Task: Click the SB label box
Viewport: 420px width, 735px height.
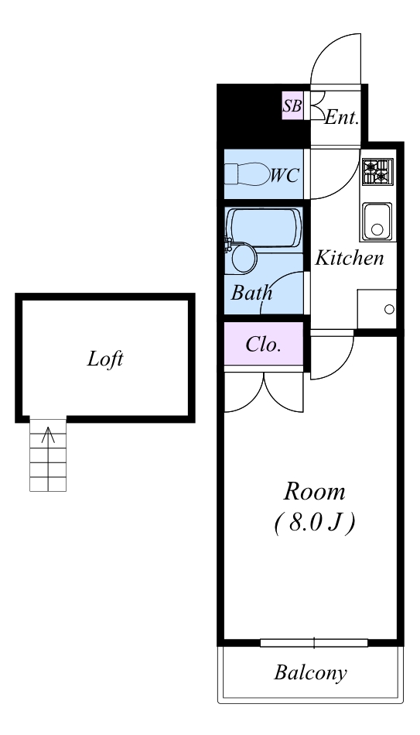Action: coord(292,105)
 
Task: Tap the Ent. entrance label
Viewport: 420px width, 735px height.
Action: coord(342,117)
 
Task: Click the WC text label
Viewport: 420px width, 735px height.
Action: coord(285,175)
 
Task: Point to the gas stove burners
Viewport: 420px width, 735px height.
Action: coord(377,172)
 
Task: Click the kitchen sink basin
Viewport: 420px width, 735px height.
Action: coord(377,222)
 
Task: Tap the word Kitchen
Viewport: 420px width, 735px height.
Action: coord(350,258)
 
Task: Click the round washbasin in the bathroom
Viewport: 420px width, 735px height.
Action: coord(244,258)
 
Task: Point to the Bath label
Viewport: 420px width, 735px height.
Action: coord(251,293)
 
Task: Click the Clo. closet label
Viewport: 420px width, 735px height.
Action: coord(264,345)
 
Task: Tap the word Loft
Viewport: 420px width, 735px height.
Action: coord(105,359)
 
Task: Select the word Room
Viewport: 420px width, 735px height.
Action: coord(314,492)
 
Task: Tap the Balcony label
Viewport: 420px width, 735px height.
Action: coord(310,673)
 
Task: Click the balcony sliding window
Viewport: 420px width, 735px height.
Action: coord(314,643)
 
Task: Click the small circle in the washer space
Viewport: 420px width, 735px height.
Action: coord(389,309)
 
